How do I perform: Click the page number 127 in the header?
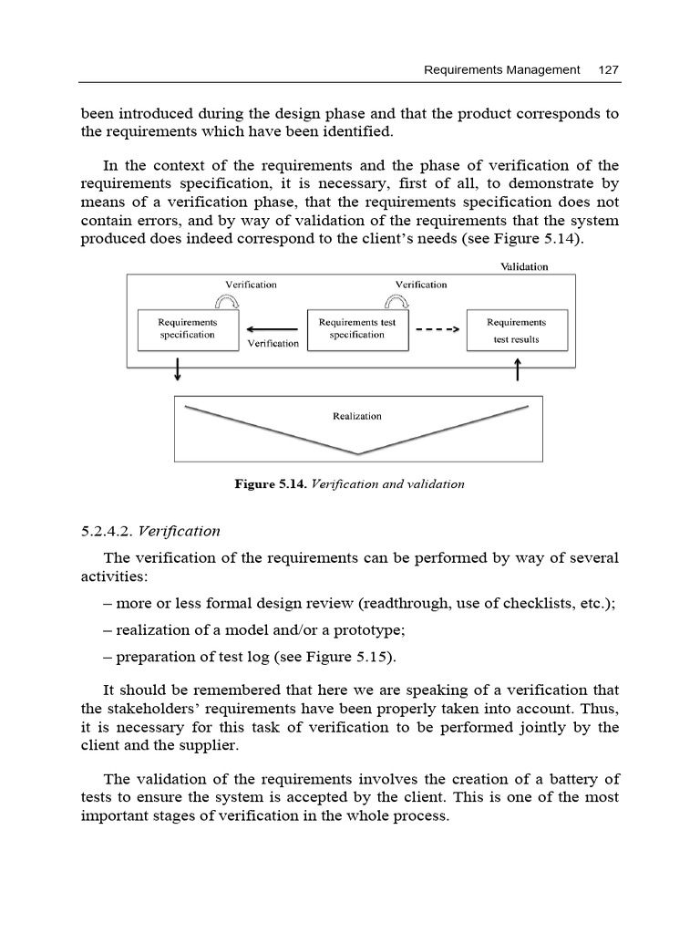coord(609,69)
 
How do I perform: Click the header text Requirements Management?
coord(502,69)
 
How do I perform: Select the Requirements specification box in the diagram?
coord(188,329)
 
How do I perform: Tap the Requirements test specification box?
coord(357,329)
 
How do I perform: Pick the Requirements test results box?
coord(516,329)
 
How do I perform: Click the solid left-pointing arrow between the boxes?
coord(273,329)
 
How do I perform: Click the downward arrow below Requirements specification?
coord(177,368)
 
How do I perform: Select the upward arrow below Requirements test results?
coord(518,368)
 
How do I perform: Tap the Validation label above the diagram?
coord(524,266)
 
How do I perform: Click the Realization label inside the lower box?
coord(357,416)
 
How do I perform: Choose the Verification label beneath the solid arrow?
coord(273,344)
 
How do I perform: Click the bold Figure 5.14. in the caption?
coord(272,484)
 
